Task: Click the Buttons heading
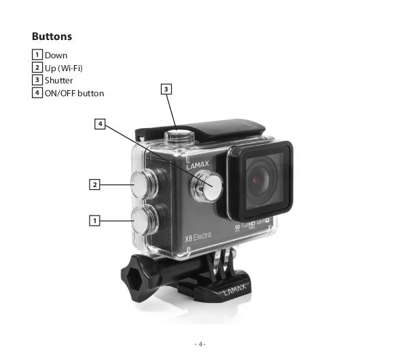[52, 37]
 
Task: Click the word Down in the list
[56, 56]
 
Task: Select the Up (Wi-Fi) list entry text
[64, 68]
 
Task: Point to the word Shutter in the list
[59, 81]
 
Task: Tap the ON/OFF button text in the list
[75, 94]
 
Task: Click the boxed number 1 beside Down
[37, 54]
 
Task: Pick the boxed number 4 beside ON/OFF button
[37, 92]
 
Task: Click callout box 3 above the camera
[166, 89]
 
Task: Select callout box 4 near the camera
[100, 124]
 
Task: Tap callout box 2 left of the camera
[94, 184]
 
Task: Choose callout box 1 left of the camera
[94, 220]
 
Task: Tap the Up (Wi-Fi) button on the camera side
[144, 184]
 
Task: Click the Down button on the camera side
[145, 220]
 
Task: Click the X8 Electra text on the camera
[198, 237]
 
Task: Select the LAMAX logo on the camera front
[197, 165]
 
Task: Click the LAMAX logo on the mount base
[235, 289]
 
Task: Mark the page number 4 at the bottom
[200, 344]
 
